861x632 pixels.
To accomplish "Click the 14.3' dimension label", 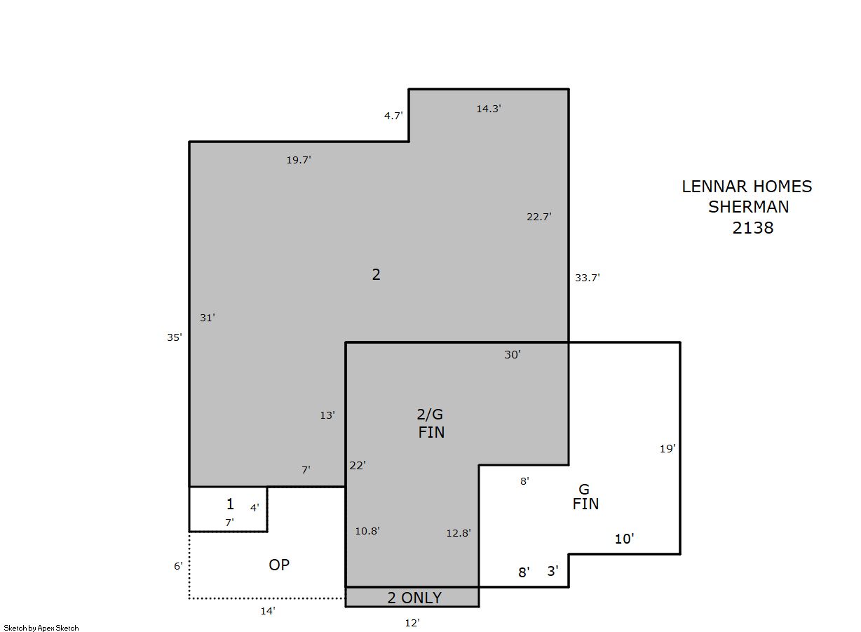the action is [489, 109].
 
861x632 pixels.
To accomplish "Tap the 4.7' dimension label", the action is [393, 116].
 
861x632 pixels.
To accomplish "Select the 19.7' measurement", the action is [299, 160].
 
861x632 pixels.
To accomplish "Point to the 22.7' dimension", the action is [539, 217].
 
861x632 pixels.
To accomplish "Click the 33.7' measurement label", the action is [588, 278].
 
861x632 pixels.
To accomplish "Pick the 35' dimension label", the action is [175, 337].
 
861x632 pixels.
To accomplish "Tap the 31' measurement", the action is [208, 318].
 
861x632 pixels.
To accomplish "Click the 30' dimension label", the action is [513, 355].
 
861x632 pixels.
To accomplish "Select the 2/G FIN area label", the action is [431, 423].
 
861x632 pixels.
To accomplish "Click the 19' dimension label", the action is [667, 449].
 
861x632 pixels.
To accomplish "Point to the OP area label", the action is [279, 565].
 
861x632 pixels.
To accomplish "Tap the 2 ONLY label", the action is [414, 598].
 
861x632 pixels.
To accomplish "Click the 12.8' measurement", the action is [459, 533].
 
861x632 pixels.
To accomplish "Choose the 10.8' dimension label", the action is [367, 531].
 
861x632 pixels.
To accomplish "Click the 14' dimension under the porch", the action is [268, 611].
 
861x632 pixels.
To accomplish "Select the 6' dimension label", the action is [178, 566].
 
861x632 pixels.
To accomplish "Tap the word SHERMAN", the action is [748, 207].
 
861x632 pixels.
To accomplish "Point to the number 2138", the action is [752, 228].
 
